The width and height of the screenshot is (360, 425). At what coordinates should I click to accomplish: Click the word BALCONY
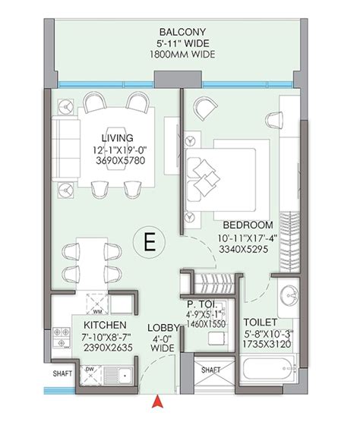tap(179, 33)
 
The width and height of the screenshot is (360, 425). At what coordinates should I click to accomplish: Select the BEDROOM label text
tap(248, 225)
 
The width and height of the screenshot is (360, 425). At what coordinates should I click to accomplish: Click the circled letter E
tap(149, 242)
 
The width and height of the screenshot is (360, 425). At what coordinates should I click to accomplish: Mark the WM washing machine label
tap(97, 310)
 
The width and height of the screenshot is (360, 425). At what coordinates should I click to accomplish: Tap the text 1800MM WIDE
tap(179, 55)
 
